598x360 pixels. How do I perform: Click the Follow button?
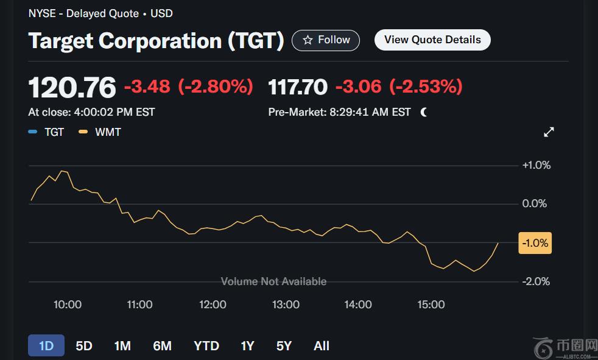pyautogui.click(x=326, y=40)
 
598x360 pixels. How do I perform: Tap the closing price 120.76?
pyautogui.click(x=72, y=88)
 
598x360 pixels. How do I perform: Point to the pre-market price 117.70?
pyautogui.click(x=298, y=87)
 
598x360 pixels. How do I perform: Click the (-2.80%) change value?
pyautogui.click(x=216, y=86)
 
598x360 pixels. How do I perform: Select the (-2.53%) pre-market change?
pyautogui.click(x=426, y=86)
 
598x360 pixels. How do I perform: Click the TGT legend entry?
pyautogui.click(x=47, y=132)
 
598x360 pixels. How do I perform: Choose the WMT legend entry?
pyautogui.click(x=101, y=132)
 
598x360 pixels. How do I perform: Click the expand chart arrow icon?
pyautogui.click(x=549, y=132)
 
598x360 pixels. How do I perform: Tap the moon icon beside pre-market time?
pyautogui.click(x=423, y=112)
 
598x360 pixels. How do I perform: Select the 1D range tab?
pyautogui.click(x=46, y=346)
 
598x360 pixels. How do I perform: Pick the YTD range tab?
pyautogui.click(x=206, y=346)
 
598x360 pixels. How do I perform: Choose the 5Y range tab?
pyautogui.click(x=284, y=346)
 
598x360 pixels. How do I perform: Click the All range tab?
pyautogui.click(x=322, y=346)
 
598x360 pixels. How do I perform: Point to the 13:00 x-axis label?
pyautogui.click(x=286, y=305)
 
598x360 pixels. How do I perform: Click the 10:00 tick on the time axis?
pyautogui.click(x=68, y=305)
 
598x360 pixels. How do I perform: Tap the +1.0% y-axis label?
pyautogui.click(x=536, y=165)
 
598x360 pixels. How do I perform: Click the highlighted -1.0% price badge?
pyautogui.click(x=535, y=243)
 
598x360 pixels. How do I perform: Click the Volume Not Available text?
pyautogui.click(x=273, y=281)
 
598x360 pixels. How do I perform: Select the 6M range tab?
pyautogui.click(x=162, y=346)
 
